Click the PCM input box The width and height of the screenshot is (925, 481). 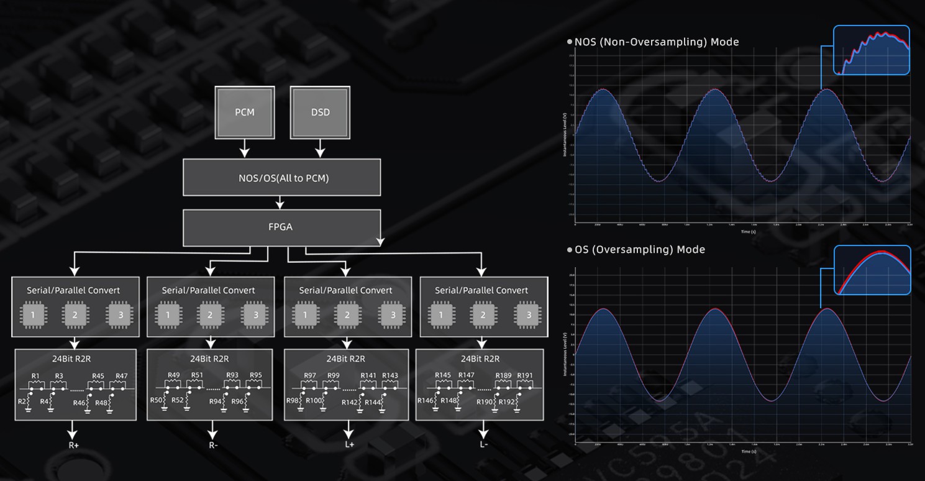[x=244, y=112]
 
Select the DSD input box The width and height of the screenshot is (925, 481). [x=320, y=112]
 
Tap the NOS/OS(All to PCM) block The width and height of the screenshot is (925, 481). [x=281, y=178]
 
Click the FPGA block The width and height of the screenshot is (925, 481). [x=281, y=227]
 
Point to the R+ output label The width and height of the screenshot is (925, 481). [x=73, y=445]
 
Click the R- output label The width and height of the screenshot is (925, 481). [x=212, y=445]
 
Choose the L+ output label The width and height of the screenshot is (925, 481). [x=349, y=445]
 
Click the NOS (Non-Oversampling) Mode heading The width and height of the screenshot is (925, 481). [x=657, y=42]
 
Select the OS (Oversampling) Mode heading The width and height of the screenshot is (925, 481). [x=640, y=250]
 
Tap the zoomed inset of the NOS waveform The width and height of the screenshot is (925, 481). [x=871, y=50]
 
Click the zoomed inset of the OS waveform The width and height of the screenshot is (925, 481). [x=872, y=269]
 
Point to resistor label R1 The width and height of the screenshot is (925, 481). [x=35, y=376]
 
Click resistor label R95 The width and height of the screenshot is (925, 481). [x=255, y=375]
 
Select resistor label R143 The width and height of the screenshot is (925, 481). [x=390, y=375]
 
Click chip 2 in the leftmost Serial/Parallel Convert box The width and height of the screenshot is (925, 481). [x=75, y=315]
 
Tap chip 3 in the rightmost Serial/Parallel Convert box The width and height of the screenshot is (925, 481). [x=529, y=315]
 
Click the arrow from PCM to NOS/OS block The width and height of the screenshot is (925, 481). [x=244, y=148]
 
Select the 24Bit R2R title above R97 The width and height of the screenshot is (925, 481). [x=345, y=359]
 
